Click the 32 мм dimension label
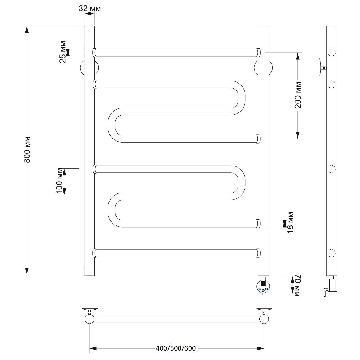90,9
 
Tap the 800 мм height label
27,150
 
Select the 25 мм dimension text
63,52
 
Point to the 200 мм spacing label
298,95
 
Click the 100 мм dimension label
59,181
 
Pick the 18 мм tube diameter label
290,222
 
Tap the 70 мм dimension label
297,285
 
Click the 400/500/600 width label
175,348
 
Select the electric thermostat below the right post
263,286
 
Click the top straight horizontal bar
176,52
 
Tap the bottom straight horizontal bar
176,253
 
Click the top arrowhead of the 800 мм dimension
27,29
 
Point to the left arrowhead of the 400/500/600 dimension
93,348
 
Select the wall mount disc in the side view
320,67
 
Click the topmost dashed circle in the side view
331,53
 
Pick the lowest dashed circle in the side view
331,253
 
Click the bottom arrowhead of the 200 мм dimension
298,135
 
